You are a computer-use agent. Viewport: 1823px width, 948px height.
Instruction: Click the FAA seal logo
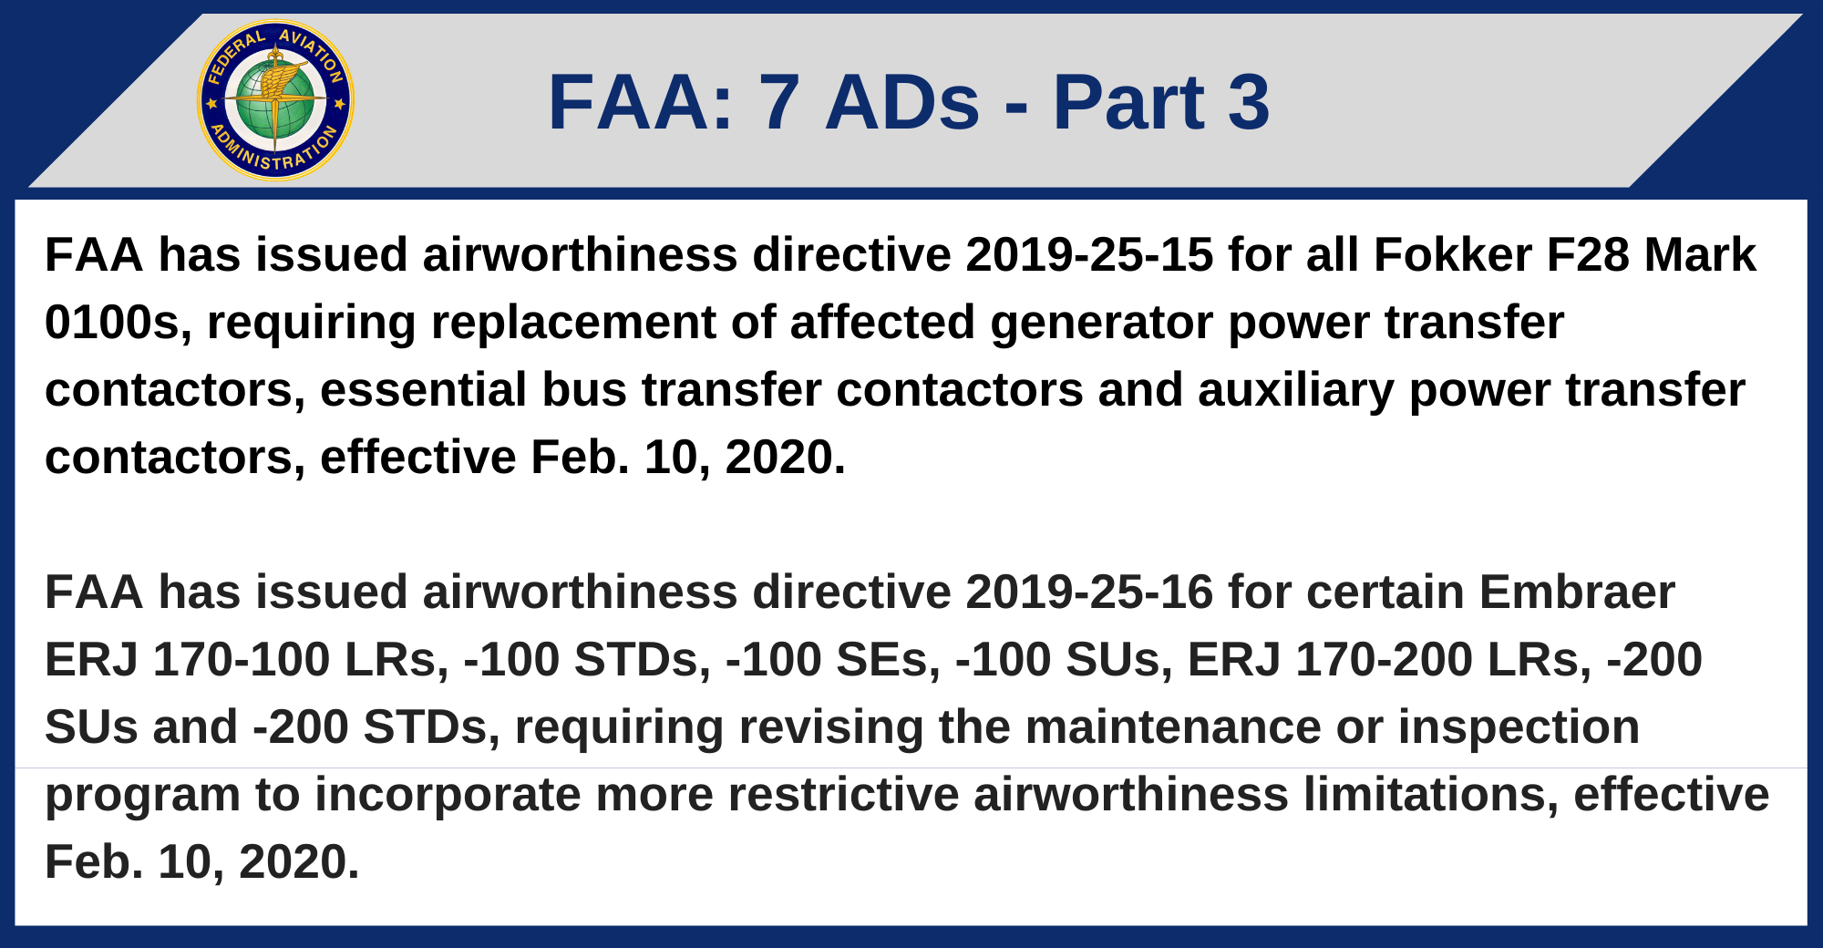(x=275, y=100)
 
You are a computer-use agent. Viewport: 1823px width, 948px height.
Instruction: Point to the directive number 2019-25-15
(x=1089, y=254)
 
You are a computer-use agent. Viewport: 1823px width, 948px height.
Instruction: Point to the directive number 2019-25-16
(x=1089, y=592)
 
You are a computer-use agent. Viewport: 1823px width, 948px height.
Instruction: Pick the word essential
(x=424, y=390)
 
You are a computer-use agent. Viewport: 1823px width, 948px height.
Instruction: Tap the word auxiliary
(x=1295, y=390)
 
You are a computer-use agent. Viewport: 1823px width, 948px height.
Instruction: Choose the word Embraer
(x=1577, y=592)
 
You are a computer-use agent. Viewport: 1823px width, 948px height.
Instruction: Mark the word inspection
(x=1519, y=727)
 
